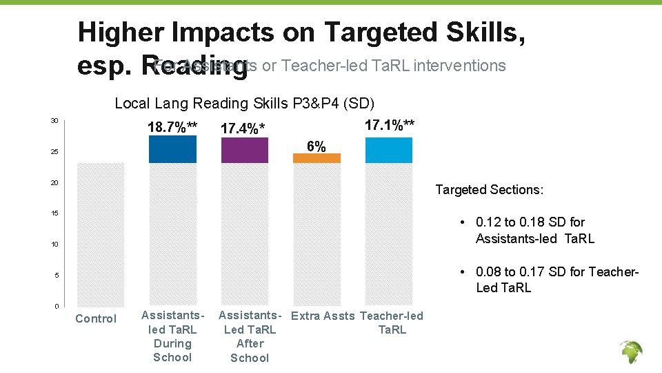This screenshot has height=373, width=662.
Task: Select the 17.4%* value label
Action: (243, 129)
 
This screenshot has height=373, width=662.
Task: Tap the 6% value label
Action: (317, 146)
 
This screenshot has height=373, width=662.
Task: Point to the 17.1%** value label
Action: (389, 125)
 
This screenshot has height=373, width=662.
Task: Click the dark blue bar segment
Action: (172, 149)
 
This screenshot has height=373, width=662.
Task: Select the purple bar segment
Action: (244, 151)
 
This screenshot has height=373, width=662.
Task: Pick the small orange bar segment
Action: (317, 158)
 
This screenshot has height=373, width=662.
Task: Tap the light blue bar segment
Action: (389, 151)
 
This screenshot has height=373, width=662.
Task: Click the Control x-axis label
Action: (96, 318)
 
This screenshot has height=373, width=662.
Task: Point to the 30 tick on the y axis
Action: (54, 121)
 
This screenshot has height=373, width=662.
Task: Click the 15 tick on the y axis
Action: (54, 213)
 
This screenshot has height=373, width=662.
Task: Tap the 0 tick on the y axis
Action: (57, 306)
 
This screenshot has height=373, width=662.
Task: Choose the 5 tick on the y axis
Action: (57, 276)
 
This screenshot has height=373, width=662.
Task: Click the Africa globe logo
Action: (630, 353)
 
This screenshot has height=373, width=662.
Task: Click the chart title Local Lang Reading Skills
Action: (244, 104)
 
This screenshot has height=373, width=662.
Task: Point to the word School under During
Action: (172, 357)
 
